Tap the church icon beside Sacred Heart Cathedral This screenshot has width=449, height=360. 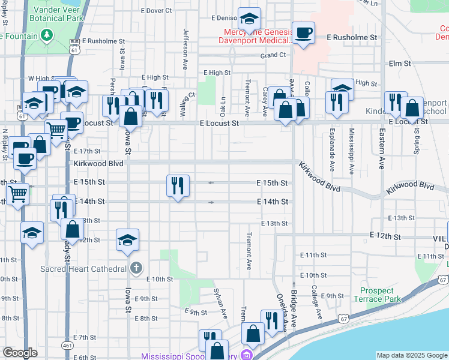pyautogui.click(x=137, y=268)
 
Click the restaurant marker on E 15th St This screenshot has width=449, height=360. pyautogui.click(x=178, y=185)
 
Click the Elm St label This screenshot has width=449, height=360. pyautogui.click(x=400, y=63)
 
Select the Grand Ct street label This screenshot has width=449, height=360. pyautogui.click(x=273, y=55)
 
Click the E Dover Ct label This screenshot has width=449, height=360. pyautogui.click(x=156, y=11)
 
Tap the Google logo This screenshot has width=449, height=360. pyautogui.click(x=20, y=353)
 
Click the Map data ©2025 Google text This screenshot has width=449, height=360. pyautogui.click(x=411, y=355)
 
